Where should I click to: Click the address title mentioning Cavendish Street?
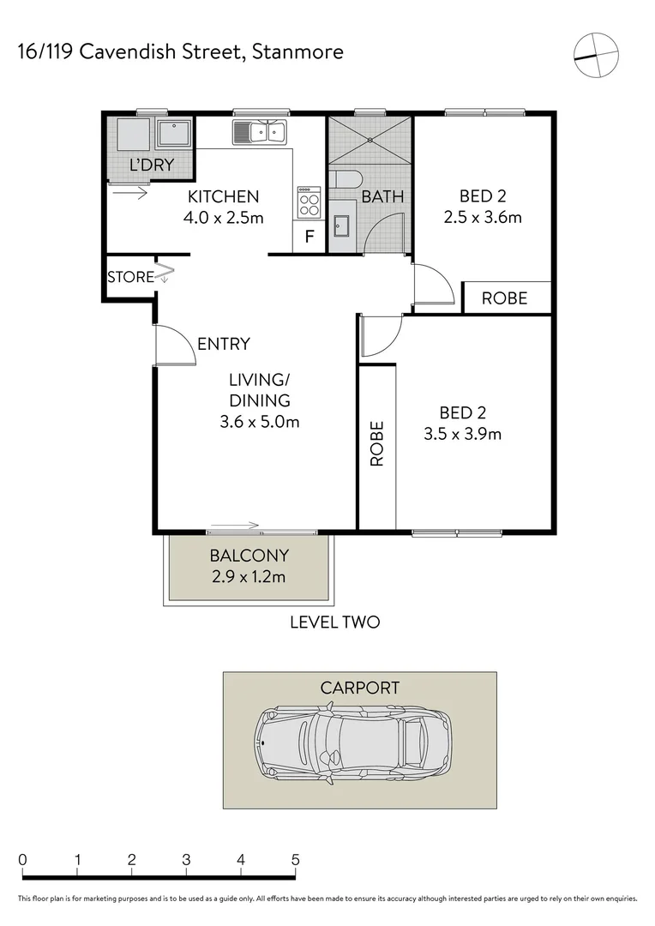(x=181, y=51)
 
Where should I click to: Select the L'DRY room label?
(x=151, y=165)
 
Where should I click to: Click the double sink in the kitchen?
(x=259, y=132)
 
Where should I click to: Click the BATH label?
(x=382, y=196)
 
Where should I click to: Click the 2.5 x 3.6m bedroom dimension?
(x=483, y=217)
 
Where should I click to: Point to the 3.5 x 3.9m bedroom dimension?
(x=463, y=434)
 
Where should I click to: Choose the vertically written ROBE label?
(x=376, y=443)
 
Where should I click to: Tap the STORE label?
(x=130, y=277)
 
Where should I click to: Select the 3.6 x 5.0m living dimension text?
(x=259, y=422)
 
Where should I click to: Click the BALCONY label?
(x=249, y=556)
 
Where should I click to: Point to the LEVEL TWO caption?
(x=334, y=622)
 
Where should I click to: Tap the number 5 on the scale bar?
(x=296, y=859)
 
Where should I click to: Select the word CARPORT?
(x=359, y=687)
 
